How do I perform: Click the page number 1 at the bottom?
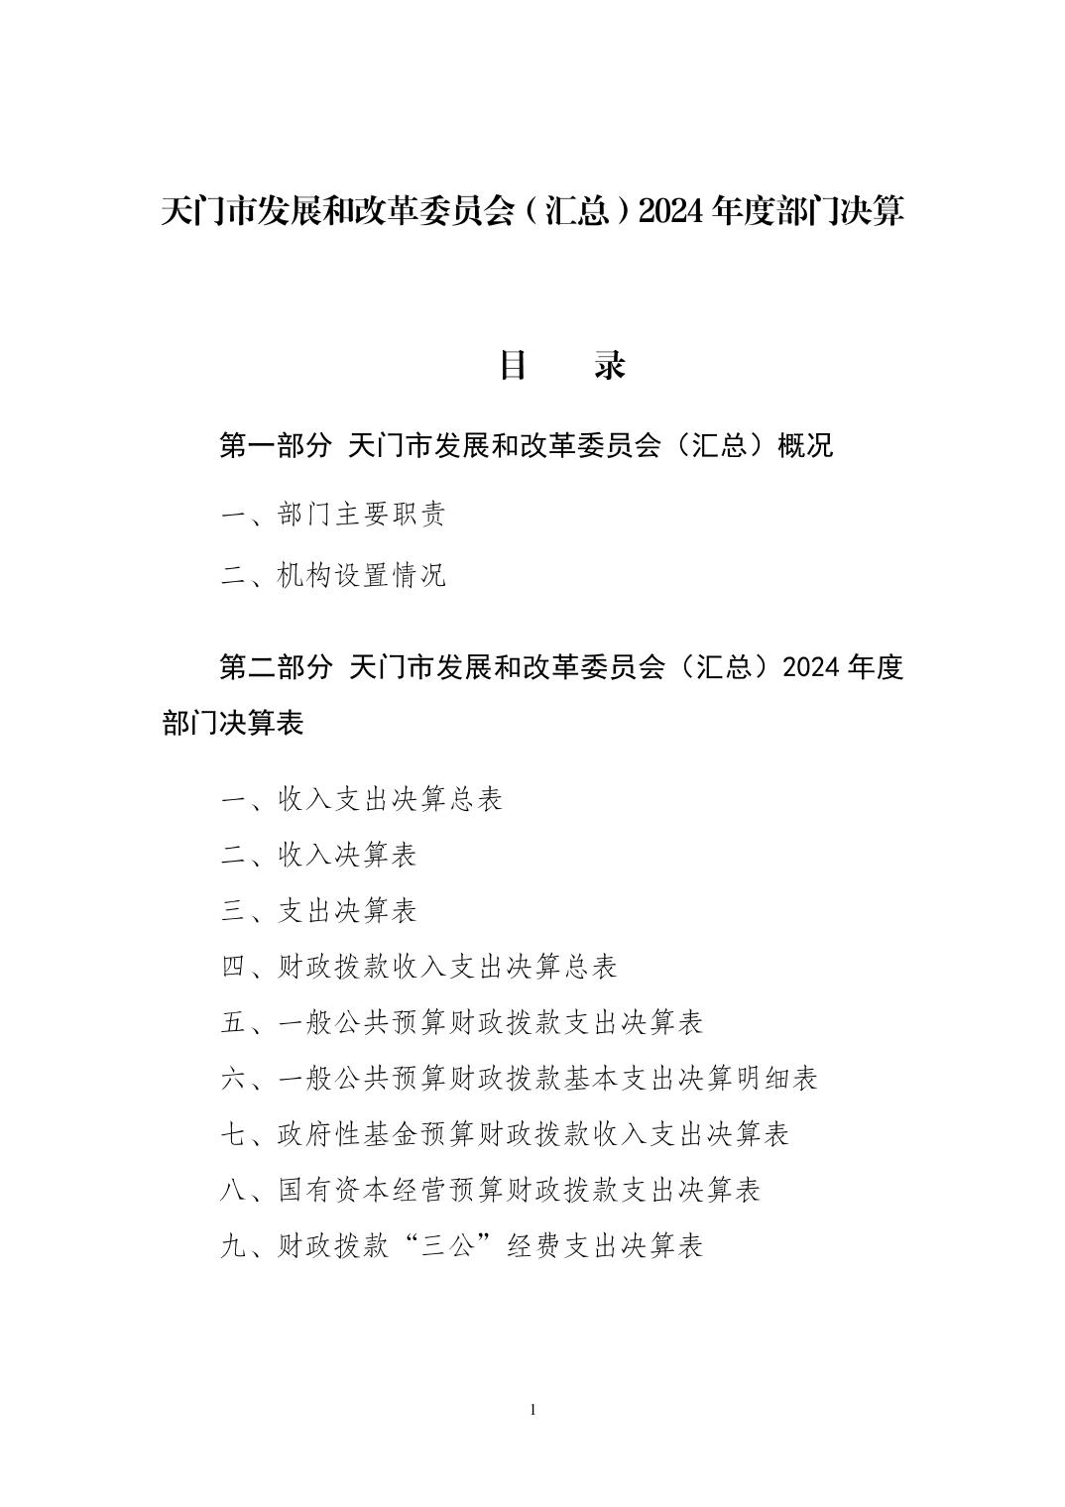pos(533,1410)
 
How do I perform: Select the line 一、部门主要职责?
pos(333,515)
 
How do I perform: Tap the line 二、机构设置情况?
pos(333,575)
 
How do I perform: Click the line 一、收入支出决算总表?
pos(362,799)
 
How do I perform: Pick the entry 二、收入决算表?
pos(318,855)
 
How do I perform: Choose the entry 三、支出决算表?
pos(318,910)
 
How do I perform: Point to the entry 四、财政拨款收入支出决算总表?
pos(418,967)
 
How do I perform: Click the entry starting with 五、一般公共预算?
pos(462,1022)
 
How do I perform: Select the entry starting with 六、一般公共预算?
pos(519,1078)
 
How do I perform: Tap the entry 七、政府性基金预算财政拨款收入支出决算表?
pos(505,1133)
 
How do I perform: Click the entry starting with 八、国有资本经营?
pos(490,1190)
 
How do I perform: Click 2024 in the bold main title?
pos(671,211)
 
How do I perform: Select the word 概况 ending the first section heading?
pos(805,446)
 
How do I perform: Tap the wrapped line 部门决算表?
pos(233,724)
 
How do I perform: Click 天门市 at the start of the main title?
pos(207,211)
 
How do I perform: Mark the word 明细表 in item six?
pos(775,1078)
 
